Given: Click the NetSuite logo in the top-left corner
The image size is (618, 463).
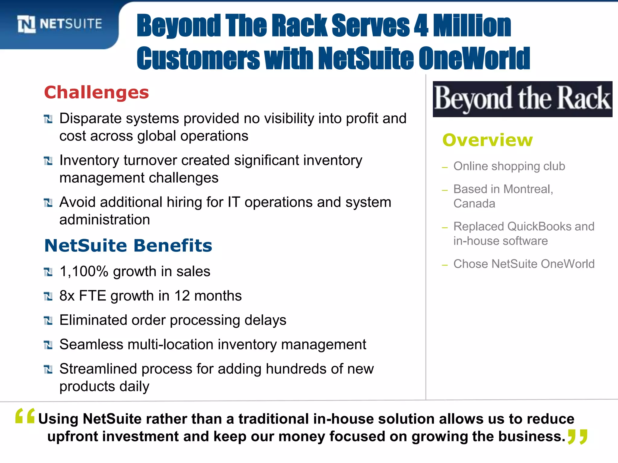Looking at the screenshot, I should (x=59, y=24).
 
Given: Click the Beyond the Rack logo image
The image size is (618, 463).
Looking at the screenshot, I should (x=522, y=99).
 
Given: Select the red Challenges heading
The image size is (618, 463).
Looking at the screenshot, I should (x=97, y=92).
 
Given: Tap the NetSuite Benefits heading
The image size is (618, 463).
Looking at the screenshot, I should (x=128, y=245).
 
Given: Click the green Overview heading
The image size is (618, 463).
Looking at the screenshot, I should (x=488, y=140).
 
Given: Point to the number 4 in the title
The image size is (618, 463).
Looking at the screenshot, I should (x=421, y=26).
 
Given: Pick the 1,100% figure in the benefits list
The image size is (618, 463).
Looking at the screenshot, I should (x=84, y=271).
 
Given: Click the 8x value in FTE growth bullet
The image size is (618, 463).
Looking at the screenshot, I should (x=67, y=296).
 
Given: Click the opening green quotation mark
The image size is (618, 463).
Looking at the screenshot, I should (x=25, y=416).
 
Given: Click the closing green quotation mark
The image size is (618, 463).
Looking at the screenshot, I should (x=578, y=437).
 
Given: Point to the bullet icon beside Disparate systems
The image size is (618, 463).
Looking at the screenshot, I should (x=48, y=119).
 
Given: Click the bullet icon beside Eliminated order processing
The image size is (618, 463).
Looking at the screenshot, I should (x=48, y=321).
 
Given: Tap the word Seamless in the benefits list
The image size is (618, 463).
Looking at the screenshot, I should (x=91, y=345).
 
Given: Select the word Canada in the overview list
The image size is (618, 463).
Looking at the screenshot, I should (x=474, y=204).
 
